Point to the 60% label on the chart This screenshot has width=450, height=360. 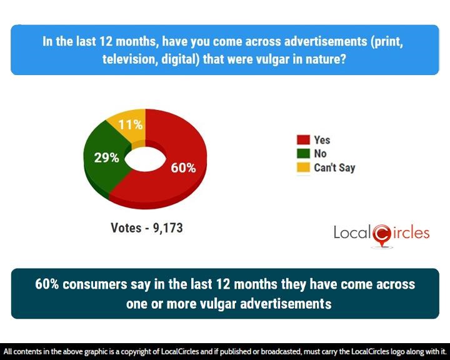point(183,167)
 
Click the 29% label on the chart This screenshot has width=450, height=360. point(106,158)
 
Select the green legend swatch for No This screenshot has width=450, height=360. point(303,154)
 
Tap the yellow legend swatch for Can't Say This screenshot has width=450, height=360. point(303,167)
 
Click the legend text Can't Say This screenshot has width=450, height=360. point(334,167)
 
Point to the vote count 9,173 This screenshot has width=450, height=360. point(167,228)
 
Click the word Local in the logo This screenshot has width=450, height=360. point(352,234)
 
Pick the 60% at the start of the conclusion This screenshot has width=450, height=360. point(47,284)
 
